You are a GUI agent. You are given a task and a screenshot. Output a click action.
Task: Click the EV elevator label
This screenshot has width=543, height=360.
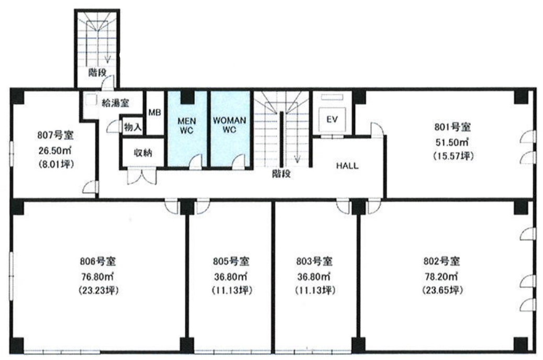332,119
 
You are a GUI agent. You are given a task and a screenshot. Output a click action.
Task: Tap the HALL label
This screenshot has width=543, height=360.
347,166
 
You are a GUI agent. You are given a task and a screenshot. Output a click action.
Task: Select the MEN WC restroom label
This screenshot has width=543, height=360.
186,126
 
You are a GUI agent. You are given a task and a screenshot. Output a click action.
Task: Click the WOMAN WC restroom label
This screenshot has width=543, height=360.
229,125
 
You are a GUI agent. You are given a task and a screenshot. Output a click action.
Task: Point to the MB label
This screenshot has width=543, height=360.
154,113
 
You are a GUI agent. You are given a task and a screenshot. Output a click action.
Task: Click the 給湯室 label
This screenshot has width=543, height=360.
115,103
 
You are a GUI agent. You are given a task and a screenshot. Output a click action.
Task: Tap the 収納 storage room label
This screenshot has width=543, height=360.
142,153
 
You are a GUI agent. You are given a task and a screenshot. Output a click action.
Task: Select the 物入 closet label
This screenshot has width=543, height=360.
132,127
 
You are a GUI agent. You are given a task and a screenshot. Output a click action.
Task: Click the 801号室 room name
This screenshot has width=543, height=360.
452,127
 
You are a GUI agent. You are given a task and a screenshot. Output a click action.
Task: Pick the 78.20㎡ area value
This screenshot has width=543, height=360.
441,276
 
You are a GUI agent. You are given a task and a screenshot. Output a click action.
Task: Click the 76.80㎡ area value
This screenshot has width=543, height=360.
98,277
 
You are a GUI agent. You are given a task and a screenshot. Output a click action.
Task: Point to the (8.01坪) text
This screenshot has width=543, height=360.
56,164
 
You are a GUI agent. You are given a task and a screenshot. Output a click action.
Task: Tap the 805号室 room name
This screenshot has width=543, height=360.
231,261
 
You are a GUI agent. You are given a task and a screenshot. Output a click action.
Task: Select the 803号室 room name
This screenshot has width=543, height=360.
315,261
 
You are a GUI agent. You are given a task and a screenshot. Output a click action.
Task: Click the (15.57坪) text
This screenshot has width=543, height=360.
452,156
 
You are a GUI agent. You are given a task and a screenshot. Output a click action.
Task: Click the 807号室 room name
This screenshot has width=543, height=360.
56,134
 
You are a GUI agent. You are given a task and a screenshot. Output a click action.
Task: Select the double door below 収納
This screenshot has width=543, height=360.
142,176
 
